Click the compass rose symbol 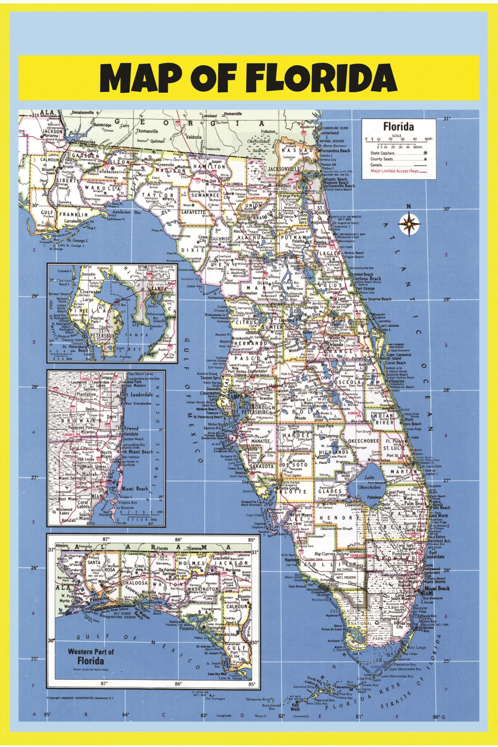409,224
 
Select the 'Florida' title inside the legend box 399,127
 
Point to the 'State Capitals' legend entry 382,153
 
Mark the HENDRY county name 337,518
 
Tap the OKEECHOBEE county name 364,441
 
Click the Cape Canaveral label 399,355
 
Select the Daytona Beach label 367,279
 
